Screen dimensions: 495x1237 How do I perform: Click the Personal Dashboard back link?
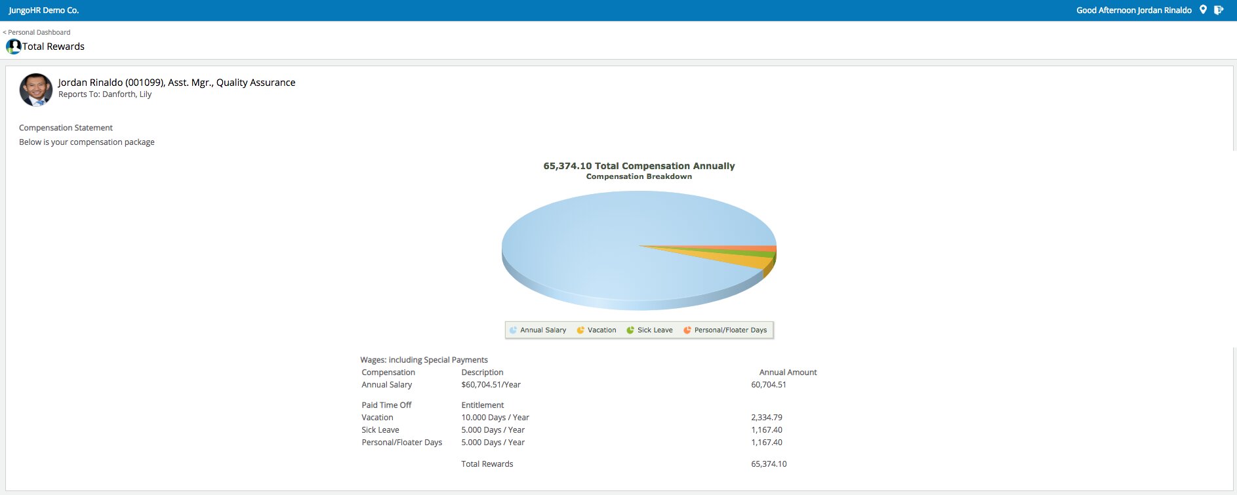click(x=37, y=32)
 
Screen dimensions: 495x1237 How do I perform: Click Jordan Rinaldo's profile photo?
click(x=36, y=90)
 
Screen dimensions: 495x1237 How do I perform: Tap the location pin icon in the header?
click(x=1203, y=10)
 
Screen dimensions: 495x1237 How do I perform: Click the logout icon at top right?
click(x=1219, y=10)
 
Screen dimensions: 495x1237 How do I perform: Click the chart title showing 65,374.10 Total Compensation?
click(x=639, y=166)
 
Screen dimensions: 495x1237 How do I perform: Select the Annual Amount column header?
click(x=788, y=372)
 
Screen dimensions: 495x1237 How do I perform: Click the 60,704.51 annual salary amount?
click(x=769, y=385)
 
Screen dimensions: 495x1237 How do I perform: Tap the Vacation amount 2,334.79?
click(x=767, y=418)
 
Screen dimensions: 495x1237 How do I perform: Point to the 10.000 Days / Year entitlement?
click(x=495, y=418)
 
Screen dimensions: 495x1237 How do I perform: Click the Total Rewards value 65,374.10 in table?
click(x=769, y=464)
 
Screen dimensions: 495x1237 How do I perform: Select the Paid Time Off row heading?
click(x=386, y=405)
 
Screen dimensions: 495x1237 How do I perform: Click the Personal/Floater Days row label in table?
click(x=401, y=443)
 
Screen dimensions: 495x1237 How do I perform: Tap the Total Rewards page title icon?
click(x=13, y=47)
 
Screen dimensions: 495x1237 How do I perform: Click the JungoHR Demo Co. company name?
click(x=44, y=10)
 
